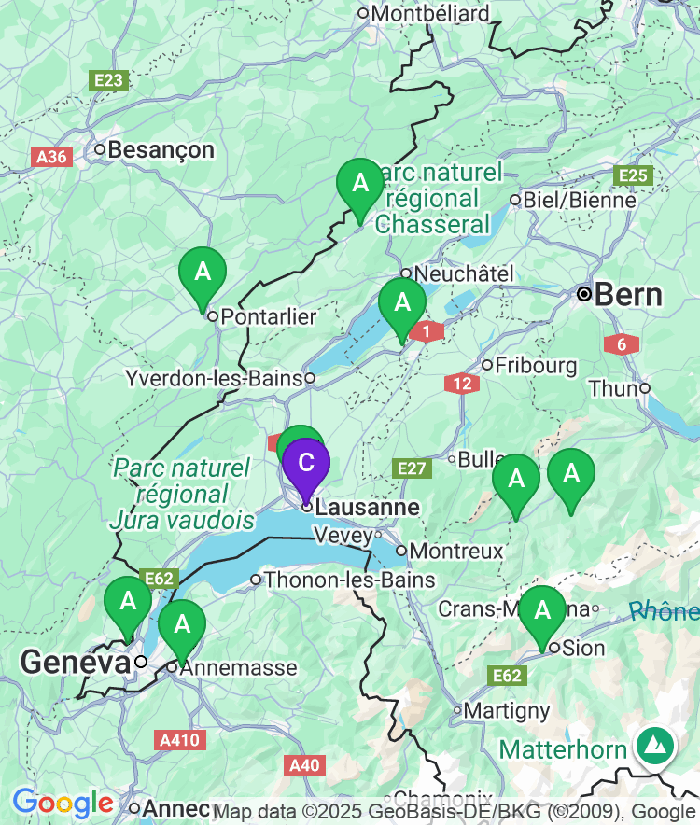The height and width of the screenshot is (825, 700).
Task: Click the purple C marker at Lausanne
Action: point(305,465)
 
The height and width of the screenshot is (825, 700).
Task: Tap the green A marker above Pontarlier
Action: point(203,273)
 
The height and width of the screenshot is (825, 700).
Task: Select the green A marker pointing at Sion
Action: point(542,612)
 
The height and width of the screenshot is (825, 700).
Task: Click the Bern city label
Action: point(627,295)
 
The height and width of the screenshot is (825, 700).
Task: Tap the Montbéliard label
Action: point(429,14)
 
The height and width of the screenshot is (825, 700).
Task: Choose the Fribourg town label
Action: point(536,364)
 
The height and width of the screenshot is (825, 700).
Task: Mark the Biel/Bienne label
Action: point(580,200)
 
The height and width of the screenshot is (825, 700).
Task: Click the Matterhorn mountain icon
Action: point(656,745)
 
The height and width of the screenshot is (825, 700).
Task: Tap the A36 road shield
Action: point(51,157)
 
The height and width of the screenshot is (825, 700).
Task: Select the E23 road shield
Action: point(108,81)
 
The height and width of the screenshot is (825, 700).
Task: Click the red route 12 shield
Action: point(462,383)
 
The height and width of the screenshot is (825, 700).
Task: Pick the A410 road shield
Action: point(178,740)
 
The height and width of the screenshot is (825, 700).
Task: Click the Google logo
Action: point(63,803)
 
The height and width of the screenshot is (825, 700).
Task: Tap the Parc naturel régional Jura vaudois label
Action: point(181,494)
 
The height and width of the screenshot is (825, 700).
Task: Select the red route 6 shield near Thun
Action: point(622,344)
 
